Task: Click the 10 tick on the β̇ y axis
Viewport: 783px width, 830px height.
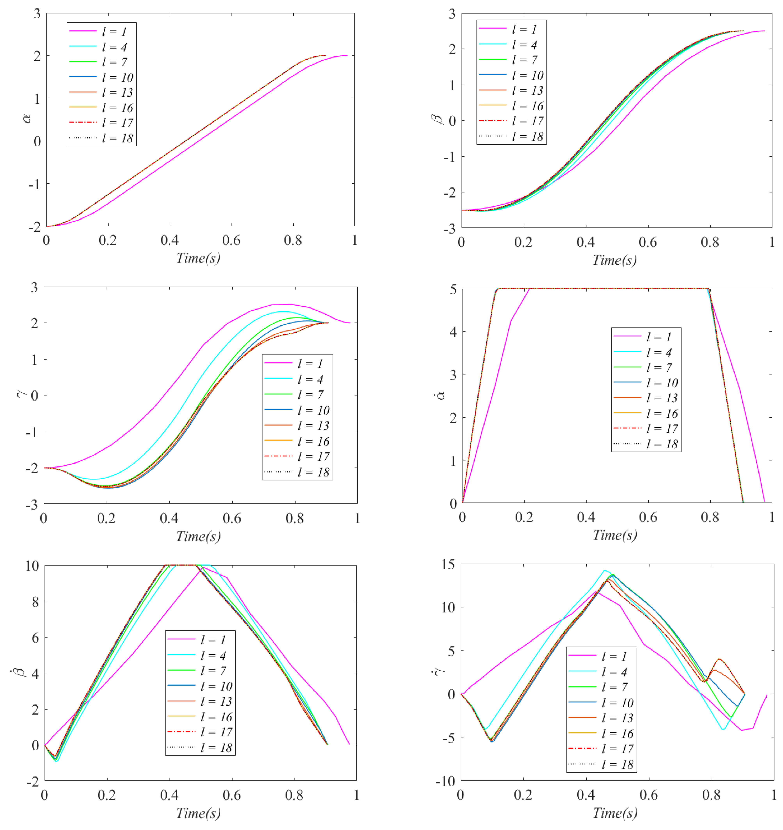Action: (32, 566)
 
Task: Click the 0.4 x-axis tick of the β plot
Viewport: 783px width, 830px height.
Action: (585, 242)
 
